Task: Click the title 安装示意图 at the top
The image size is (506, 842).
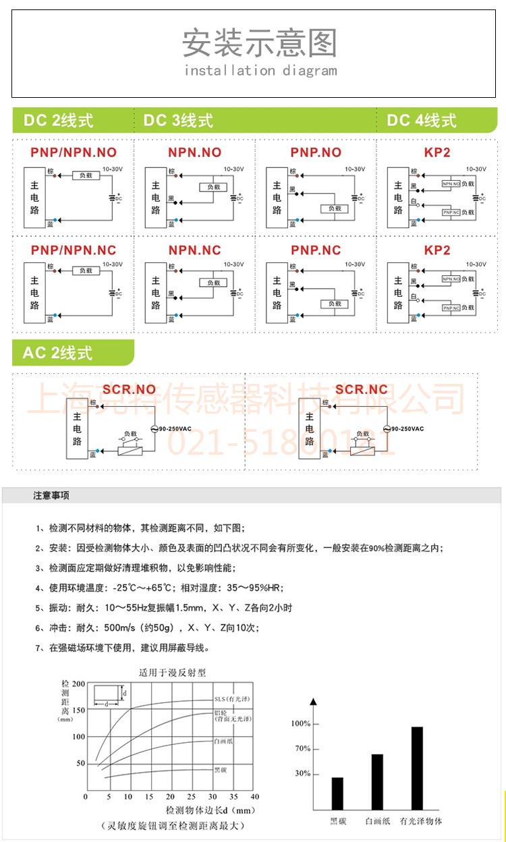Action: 259,43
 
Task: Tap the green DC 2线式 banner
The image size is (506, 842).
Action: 59,121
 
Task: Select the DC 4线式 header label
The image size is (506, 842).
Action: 422,121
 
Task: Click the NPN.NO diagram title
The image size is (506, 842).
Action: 194,152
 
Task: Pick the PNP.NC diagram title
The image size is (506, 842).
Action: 316,250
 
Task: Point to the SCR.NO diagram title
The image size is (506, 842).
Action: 129,389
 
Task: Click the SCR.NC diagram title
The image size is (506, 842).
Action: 362,389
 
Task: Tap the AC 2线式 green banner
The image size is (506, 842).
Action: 57,353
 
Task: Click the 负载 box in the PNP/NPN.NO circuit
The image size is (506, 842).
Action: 86,175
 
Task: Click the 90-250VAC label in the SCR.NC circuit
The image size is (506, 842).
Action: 407,429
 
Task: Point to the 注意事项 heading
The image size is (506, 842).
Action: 51,496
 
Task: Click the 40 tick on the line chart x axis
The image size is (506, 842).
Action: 254,797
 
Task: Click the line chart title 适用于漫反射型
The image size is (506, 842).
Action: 172,672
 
